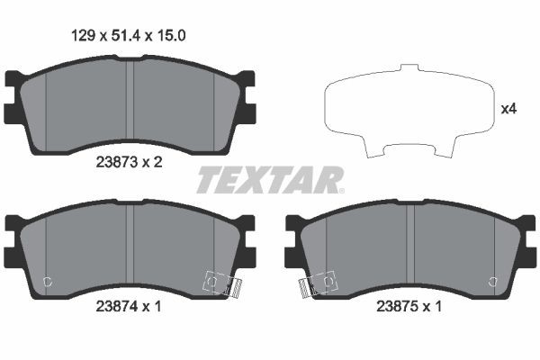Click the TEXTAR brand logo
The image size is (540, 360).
point(269,180)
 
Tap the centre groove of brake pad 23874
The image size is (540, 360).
point(130,247)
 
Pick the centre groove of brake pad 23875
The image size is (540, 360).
point(409,247)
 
